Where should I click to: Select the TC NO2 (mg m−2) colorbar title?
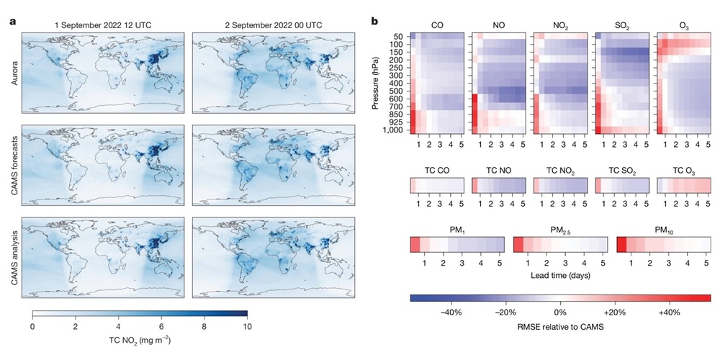pyautogui.click(x=140, y=340)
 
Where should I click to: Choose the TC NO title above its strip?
pyautogui.click(x=497, y=171)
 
